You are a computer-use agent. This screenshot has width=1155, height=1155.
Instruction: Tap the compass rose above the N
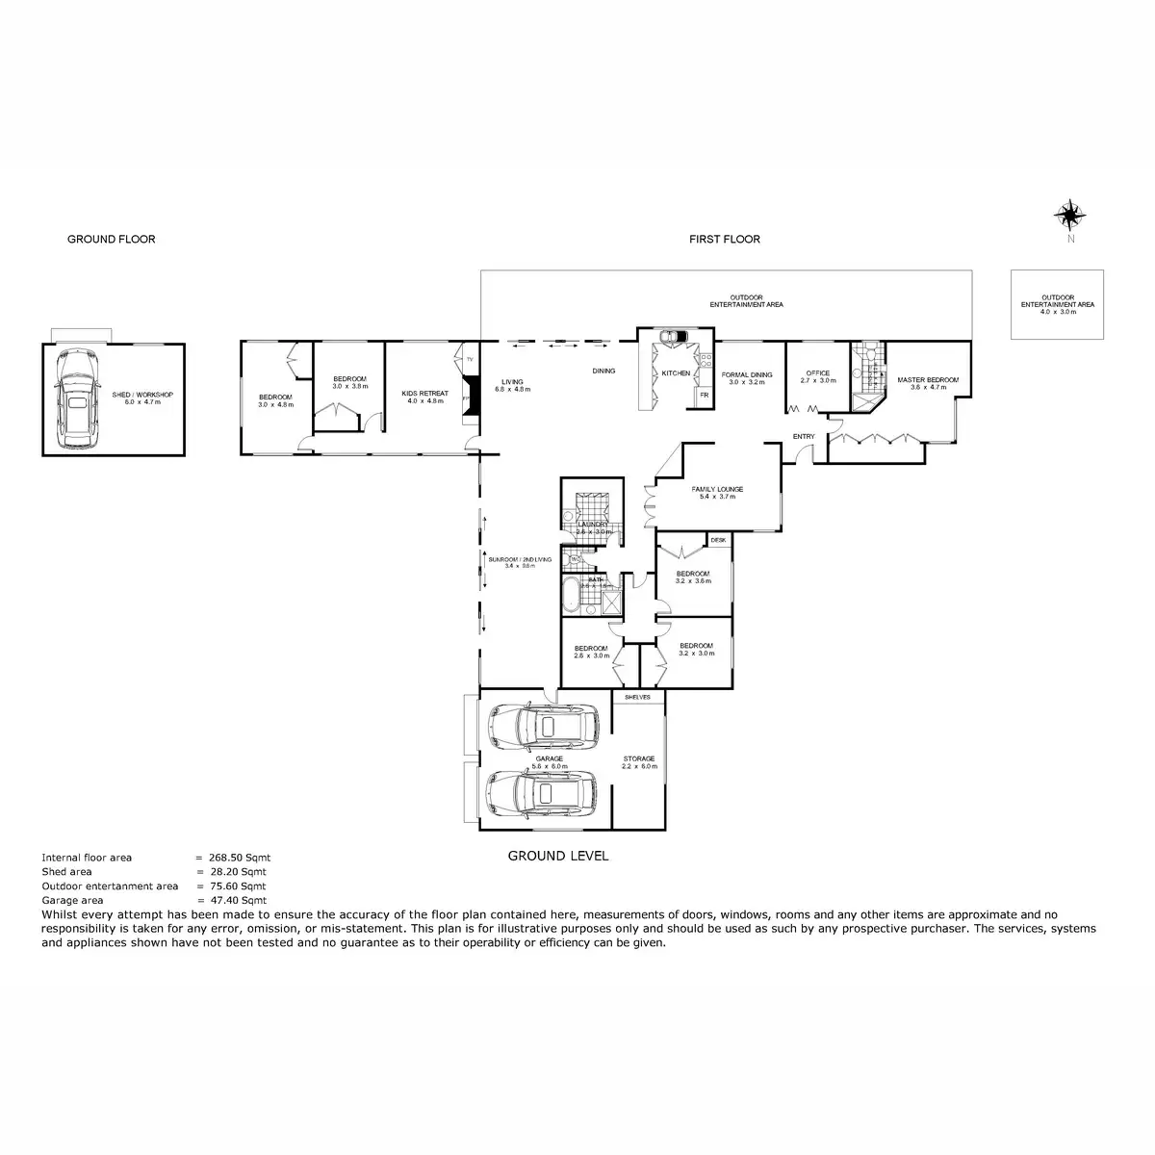click(1069, 214)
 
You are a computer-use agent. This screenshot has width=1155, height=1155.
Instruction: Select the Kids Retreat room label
click(424, 394)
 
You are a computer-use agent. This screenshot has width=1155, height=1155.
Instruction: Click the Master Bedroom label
click(928, 380)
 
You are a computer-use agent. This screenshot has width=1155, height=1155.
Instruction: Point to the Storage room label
click(638, 758)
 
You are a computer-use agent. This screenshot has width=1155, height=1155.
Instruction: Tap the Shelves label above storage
click(637, 697)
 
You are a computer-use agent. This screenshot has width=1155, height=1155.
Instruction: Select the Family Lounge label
click(717, 490)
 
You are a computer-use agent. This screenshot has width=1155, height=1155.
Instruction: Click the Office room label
click(817, 373)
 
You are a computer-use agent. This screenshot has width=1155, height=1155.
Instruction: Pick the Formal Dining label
click(747, 375)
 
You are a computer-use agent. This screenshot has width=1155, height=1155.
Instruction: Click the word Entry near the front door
click(804, 437)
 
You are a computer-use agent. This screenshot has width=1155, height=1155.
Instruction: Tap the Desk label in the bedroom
click(718, 541)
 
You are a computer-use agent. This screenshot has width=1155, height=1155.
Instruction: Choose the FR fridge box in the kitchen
click(704, 395)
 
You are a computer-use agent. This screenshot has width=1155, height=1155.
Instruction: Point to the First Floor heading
click(724, 240)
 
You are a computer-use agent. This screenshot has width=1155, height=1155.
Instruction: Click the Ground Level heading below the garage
click(557, 856)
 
